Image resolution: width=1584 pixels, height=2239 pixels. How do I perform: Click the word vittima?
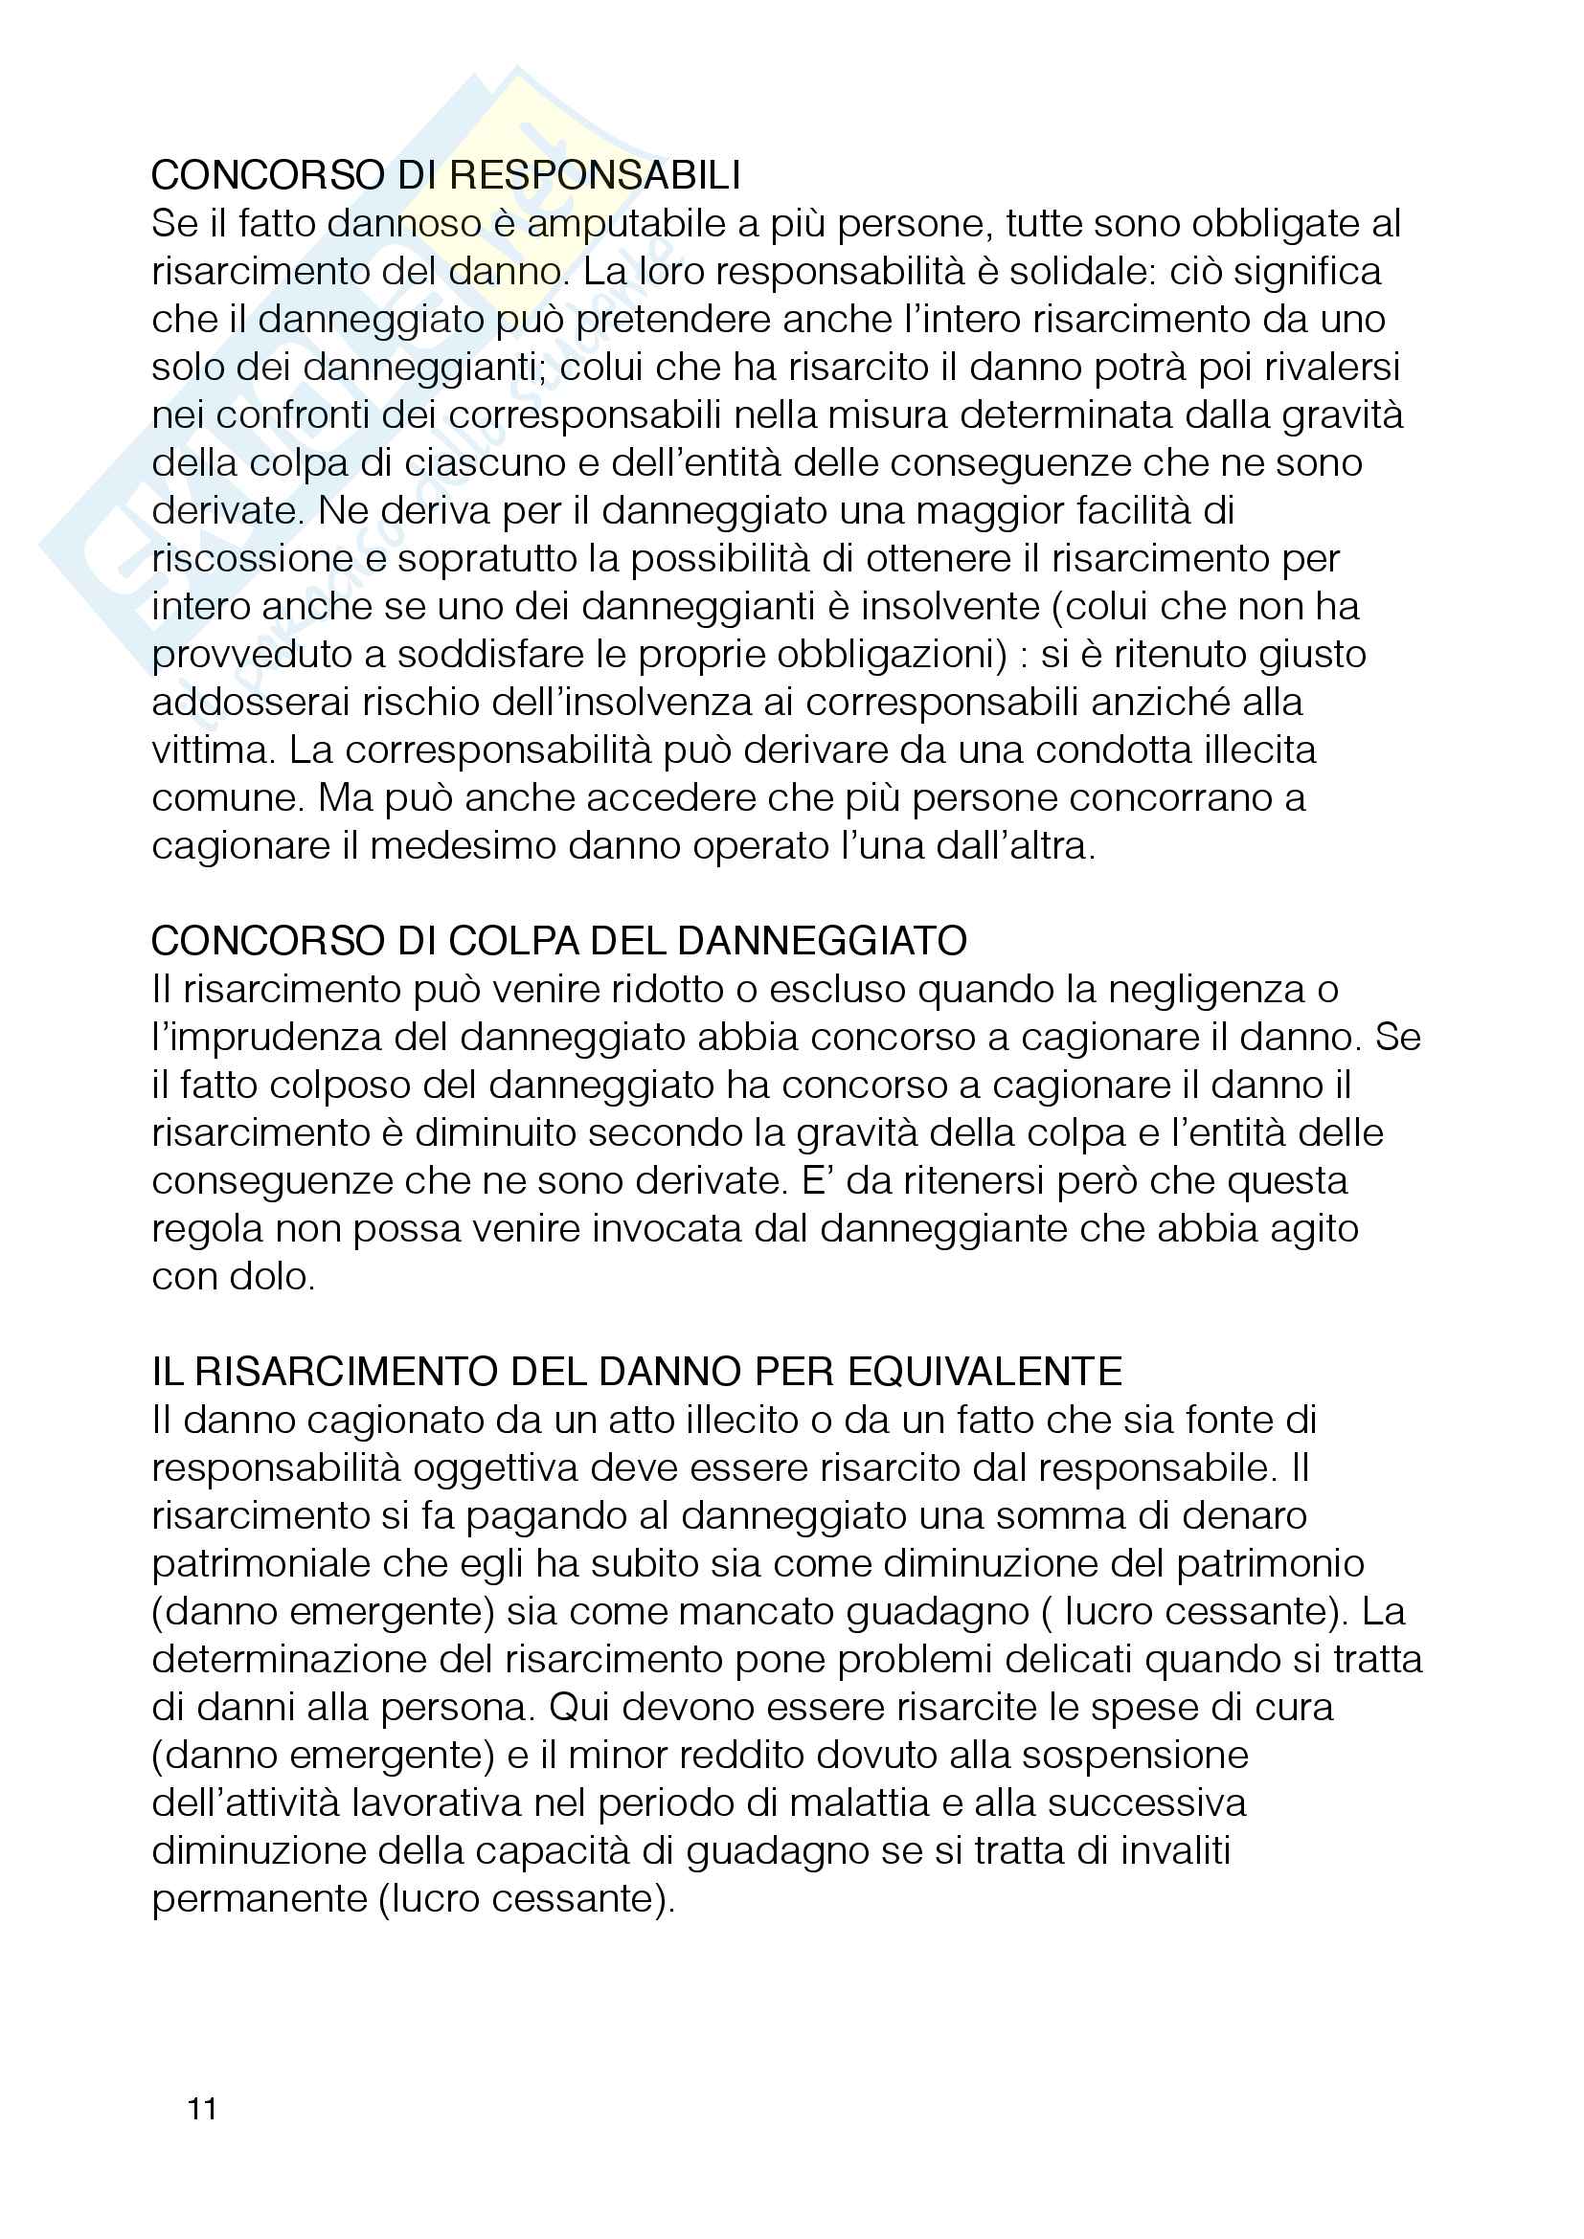(x=211, y=750)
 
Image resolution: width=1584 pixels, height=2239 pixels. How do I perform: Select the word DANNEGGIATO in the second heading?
(x=822, y=941)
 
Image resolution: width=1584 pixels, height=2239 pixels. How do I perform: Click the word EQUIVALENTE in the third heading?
(x=985, y=1372)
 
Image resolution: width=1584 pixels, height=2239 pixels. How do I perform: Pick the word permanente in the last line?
(x=260, y=1897)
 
